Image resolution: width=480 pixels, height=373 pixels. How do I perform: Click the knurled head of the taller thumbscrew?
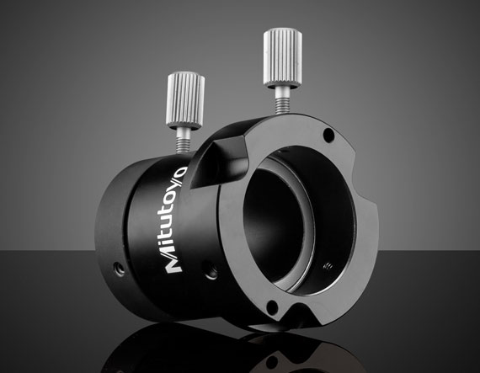(283, 56)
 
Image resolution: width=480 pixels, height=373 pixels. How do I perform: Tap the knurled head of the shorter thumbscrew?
(185, 100)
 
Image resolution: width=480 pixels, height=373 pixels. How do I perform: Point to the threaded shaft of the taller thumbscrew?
(282, 99)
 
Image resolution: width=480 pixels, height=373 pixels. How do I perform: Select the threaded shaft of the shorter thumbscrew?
(184, 140)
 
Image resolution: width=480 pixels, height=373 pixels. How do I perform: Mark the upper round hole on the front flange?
(328, 135)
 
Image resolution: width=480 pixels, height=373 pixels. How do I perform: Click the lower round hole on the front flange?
(272, 306)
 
